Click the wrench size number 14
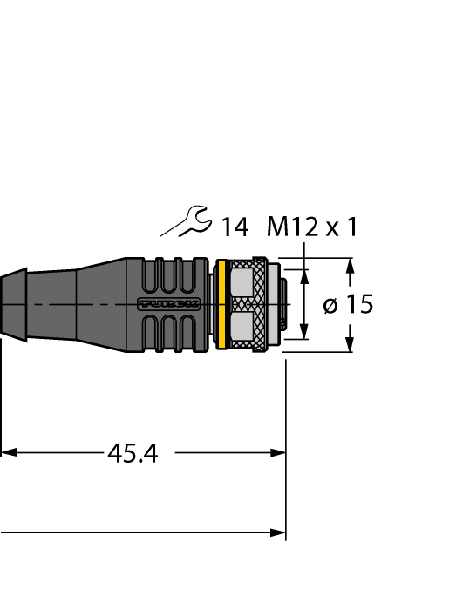pyautogui.click(x=234, y=228)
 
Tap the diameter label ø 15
pyautogui.click(x=348, y=305)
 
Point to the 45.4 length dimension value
pyautogui.click(x=133, y=453)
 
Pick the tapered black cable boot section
pyautogui.click(x=98, y=304)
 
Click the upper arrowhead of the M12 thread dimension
pyautogui.click(x=304, y=276)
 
